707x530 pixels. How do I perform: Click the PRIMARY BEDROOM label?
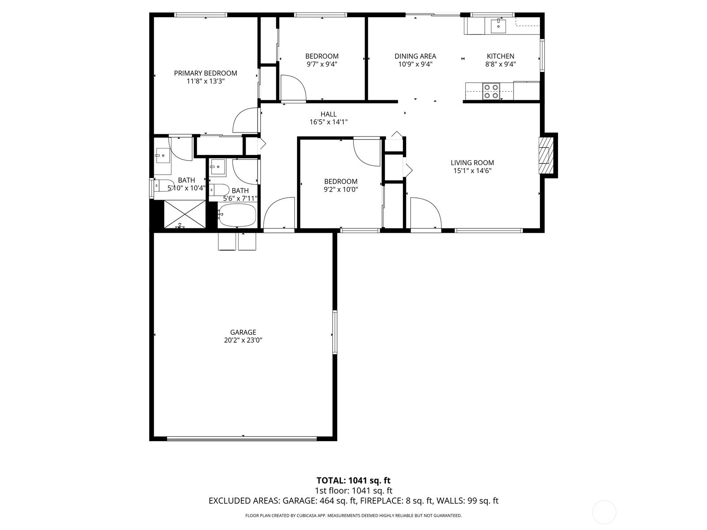point(205,73)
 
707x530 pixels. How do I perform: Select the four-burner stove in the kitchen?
point(490,91)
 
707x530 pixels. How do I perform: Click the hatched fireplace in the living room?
point(546,155)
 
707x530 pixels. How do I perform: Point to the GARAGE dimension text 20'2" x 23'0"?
point(243,341)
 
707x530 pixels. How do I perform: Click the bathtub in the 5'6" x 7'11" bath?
point(237,215)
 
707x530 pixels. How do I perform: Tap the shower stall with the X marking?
point(185,214)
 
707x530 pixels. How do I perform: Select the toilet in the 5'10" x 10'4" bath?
point(163,186)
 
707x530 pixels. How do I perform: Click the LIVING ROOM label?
point(472,163)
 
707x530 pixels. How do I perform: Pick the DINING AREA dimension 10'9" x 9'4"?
point(415,64)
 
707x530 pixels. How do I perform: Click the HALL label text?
point(328,114)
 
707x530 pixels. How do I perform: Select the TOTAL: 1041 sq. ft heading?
point(353,481)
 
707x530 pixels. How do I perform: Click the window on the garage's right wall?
point(334,332)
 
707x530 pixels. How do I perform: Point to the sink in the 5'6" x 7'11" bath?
point(217,167)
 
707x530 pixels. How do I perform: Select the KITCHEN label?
point(500,56)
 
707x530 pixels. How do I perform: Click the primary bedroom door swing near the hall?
point(246,120)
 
